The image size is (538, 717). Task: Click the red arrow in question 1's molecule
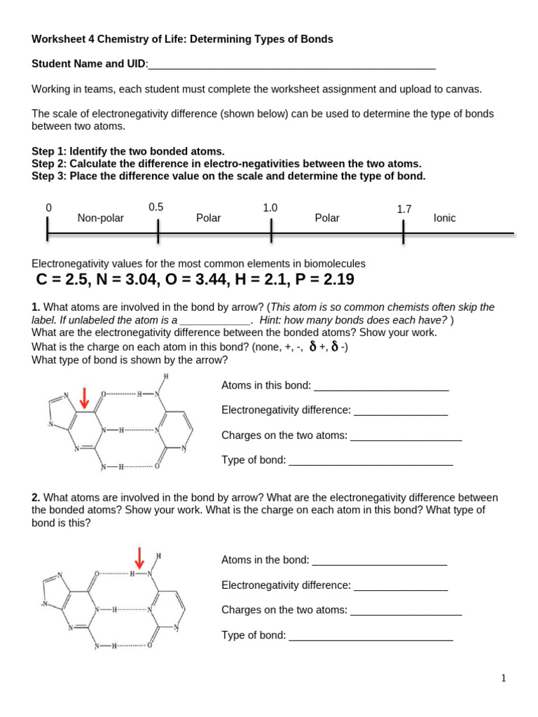point(84,398)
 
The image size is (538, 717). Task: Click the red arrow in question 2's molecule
point(139,558)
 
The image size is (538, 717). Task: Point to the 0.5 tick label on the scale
point(156,207)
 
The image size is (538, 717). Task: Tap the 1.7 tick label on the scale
point(404,209)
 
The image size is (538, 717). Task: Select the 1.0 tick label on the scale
point(270,207)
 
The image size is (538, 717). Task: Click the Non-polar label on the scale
point(100,218)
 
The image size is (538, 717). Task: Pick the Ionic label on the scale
point(445,218)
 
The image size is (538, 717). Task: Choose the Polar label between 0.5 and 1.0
point(208,218)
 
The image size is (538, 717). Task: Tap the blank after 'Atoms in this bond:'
point(381,387)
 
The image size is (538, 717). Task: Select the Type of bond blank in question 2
point(371,636)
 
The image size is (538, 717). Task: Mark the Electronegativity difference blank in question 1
point(400,411)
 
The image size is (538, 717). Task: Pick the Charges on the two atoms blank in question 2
point(406,611)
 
